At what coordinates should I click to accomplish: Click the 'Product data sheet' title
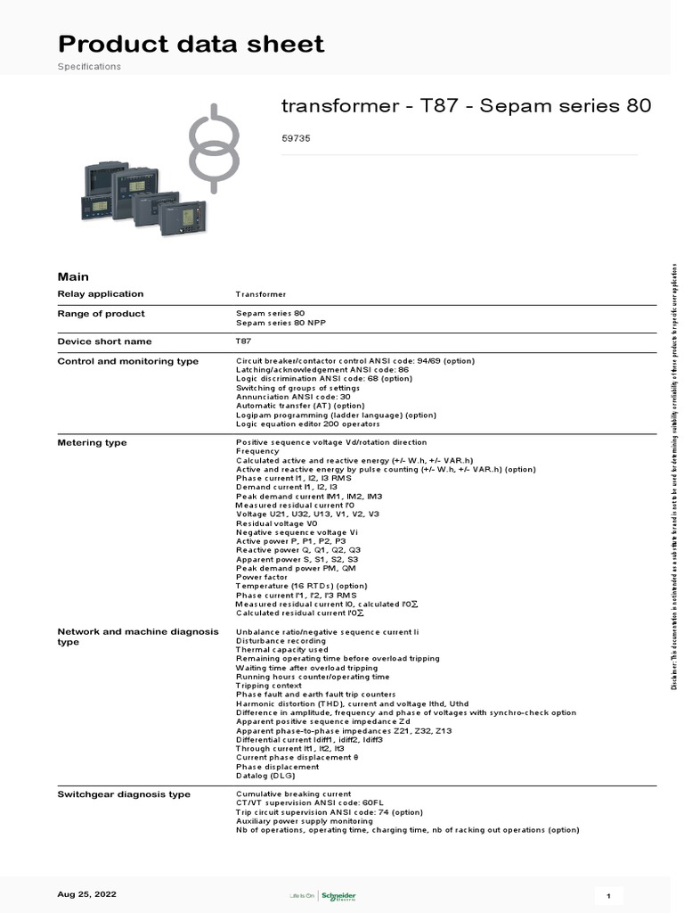coord(191,44)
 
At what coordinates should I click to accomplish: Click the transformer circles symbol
coord(213,147)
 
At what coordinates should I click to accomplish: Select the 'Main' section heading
coord(73,276)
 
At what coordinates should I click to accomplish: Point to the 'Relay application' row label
coord(100,294)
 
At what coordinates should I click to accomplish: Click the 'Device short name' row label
coord(104,341)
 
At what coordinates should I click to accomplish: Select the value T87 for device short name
coord(243,341)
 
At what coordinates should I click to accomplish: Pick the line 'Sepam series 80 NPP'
coord(279,322)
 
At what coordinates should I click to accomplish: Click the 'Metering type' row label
coord(92,442)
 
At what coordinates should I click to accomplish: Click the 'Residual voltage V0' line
coord(276,523)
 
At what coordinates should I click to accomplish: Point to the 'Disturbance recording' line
coord(281,640)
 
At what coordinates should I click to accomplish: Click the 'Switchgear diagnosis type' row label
coord(123,794)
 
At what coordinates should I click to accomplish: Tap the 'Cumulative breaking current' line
coord(293,794)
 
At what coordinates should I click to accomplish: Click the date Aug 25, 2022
coord(86,894)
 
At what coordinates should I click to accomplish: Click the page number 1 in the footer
coord(608,895)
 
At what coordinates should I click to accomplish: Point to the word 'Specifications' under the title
coord(89,67)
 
